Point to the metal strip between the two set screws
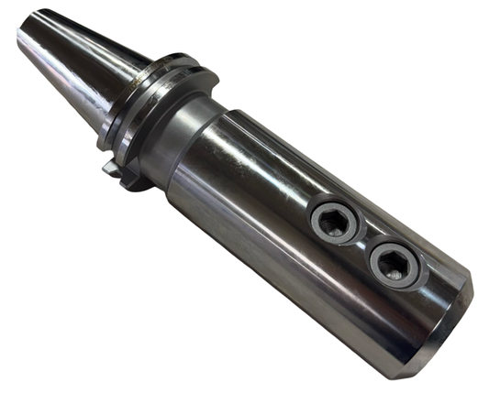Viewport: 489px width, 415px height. click(x=363, y=242)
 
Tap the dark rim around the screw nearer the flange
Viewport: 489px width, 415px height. click(x=316, y=216)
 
